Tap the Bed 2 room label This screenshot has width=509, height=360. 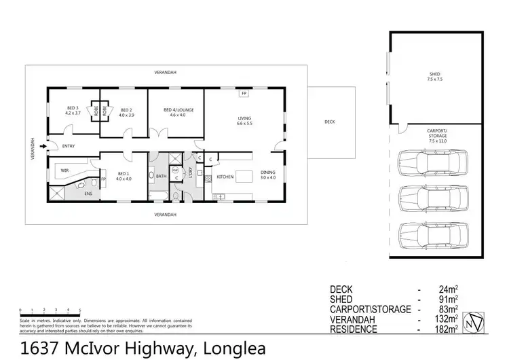(126, 109)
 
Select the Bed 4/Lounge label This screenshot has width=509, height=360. (178, 109)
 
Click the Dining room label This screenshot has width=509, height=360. (269, 173)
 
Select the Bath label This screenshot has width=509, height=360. (161, 177)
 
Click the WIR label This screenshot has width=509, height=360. (65, 170)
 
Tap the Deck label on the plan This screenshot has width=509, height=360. (330, 122)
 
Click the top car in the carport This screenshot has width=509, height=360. (431, 162)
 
